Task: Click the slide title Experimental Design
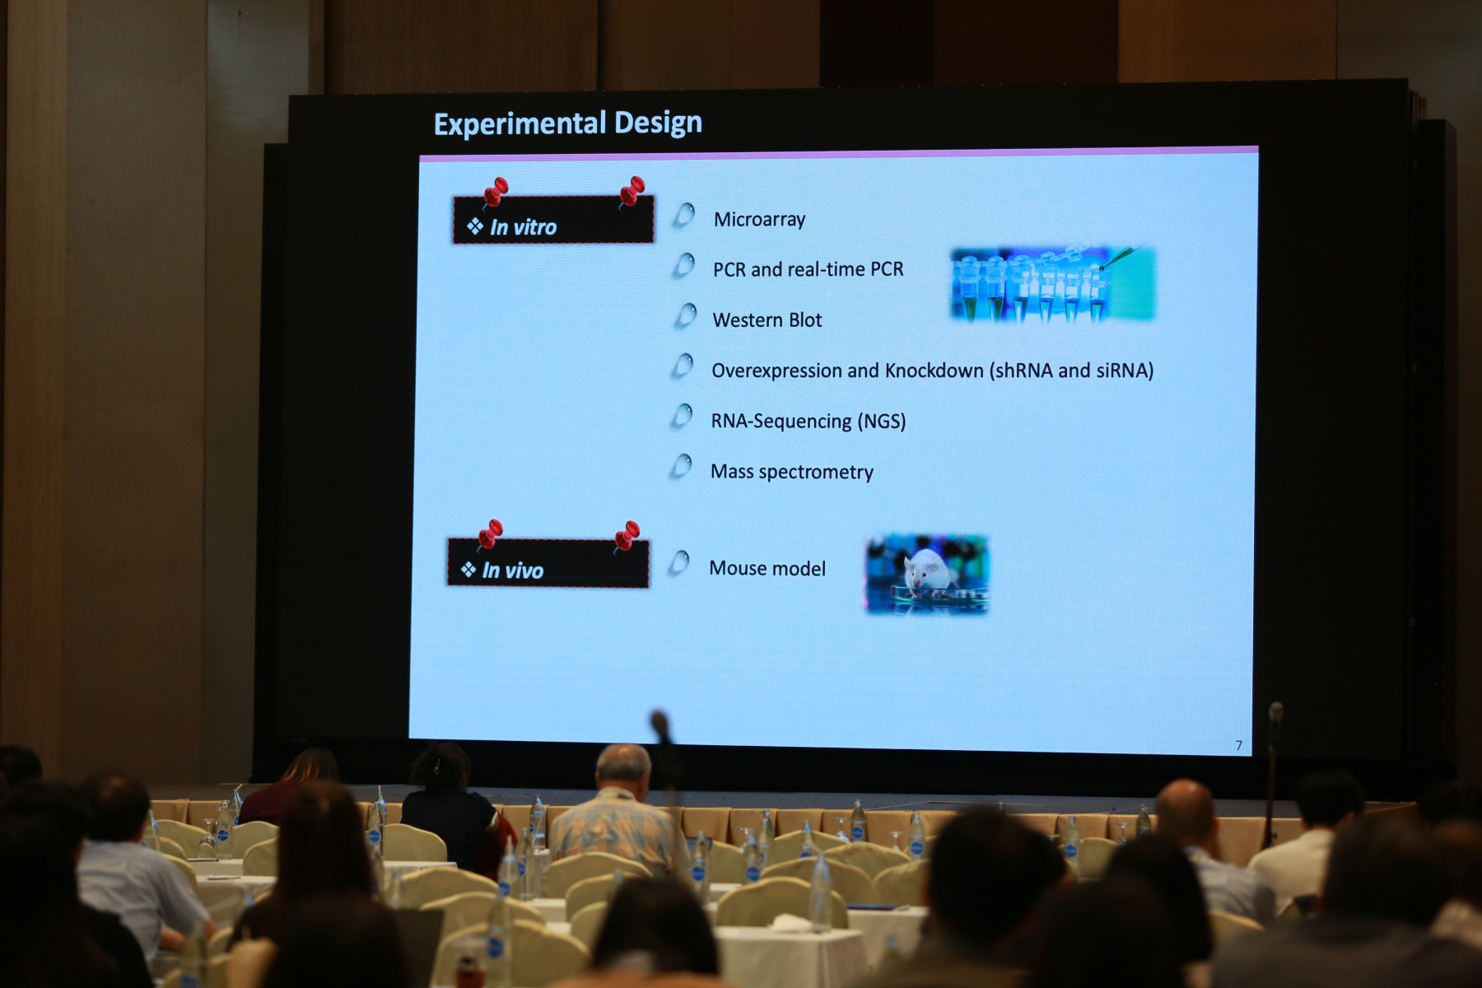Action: (x=568, y=123)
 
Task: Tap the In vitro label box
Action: (x=553, y=220)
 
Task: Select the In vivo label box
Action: (x=548, y=563)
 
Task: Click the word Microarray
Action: (x=759, y=220)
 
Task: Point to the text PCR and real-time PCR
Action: (x=808, y=269)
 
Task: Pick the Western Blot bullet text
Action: (x=767, y=319)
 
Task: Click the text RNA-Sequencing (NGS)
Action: (x=808, y=421)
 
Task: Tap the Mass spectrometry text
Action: (x=791, y=472)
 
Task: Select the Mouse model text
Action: (x=767, y=568)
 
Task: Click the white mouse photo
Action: (x=927, y=574)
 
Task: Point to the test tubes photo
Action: (x=1053, y=284)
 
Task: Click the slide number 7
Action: (x=1238, y=745)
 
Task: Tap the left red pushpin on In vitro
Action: (x=495, y=193)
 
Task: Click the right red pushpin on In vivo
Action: (x=627, y=537)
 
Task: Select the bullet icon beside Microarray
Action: (x=684, y=216)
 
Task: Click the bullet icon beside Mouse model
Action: (x=678, y=564)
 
